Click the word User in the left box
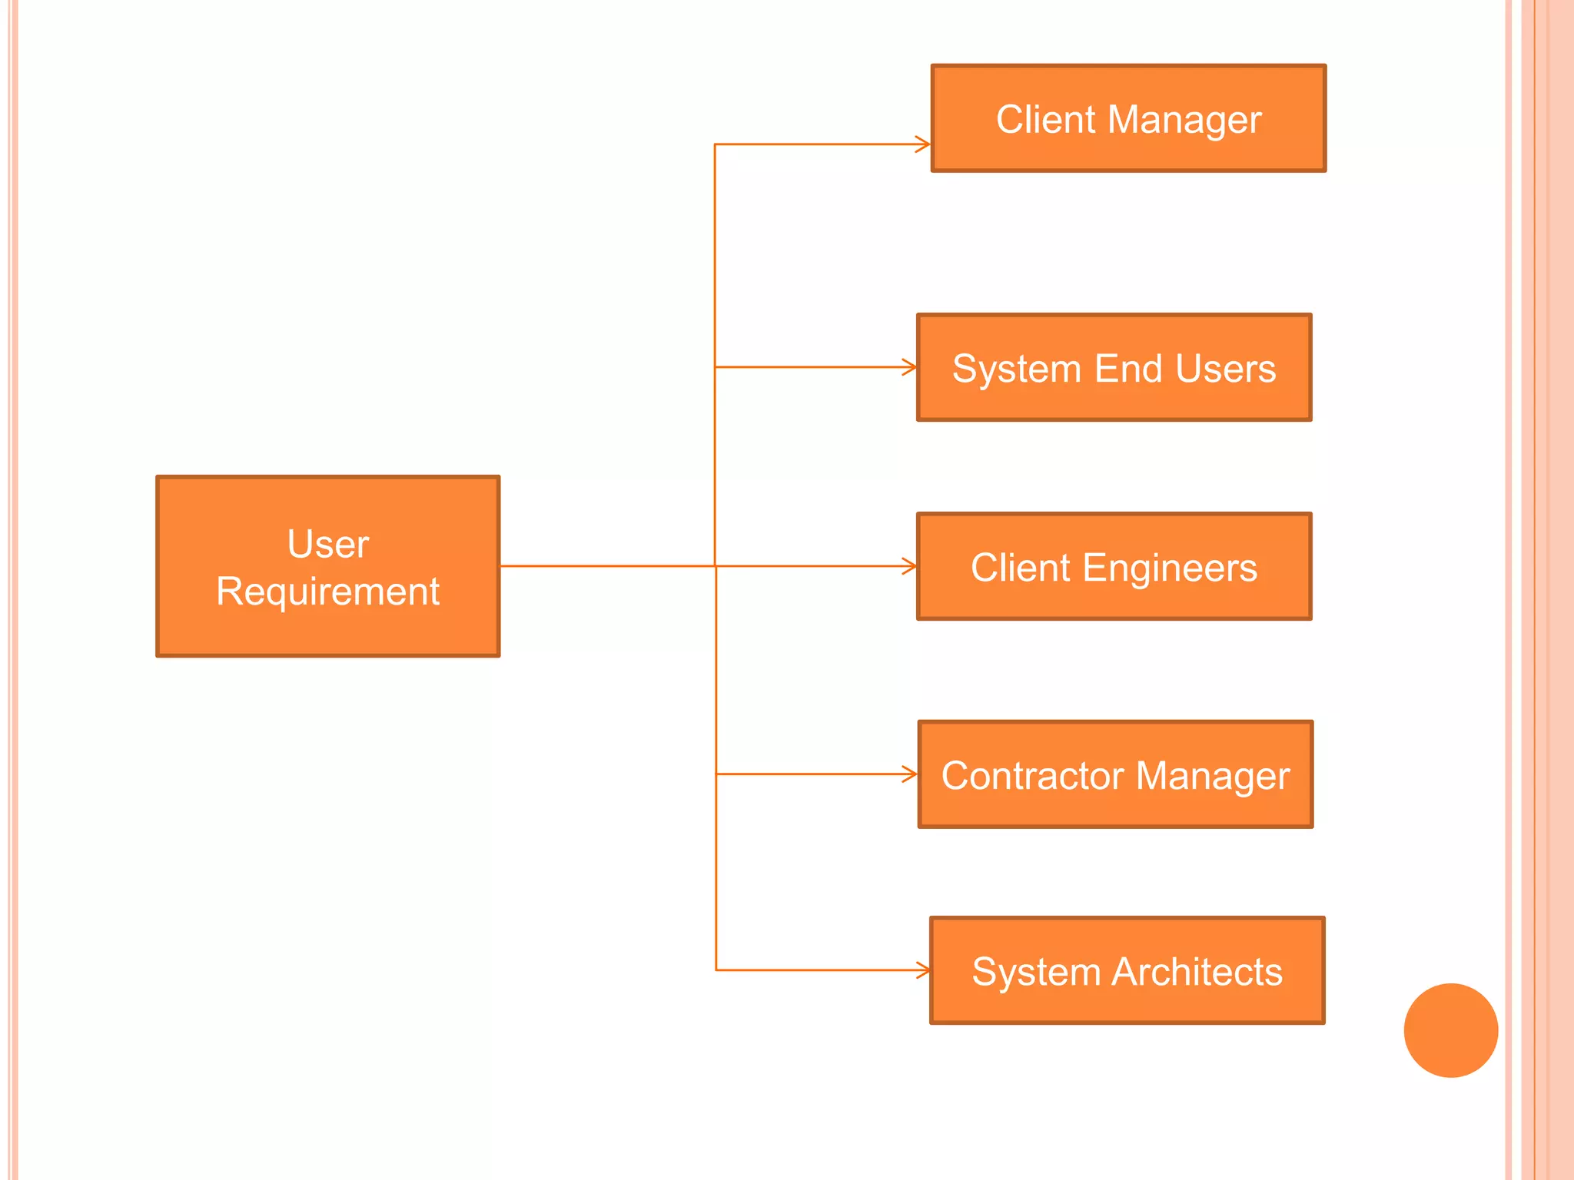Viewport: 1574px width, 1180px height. click(x=327, y=544)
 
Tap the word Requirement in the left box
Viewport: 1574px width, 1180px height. click(x=327, y=592)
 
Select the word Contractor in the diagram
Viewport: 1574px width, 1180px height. click(x=1032, y=775)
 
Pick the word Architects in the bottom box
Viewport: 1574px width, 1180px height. click(x=1197, y=972)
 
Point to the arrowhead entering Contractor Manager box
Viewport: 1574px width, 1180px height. click(x=912, y=774)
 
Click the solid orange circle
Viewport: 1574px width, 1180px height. click(x=1450, y=1030)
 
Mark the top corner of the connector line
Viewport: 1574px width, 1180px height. click(x=715, y=144)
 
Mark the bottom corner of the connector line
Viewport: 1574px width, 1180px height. click(x=716, y=970)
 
